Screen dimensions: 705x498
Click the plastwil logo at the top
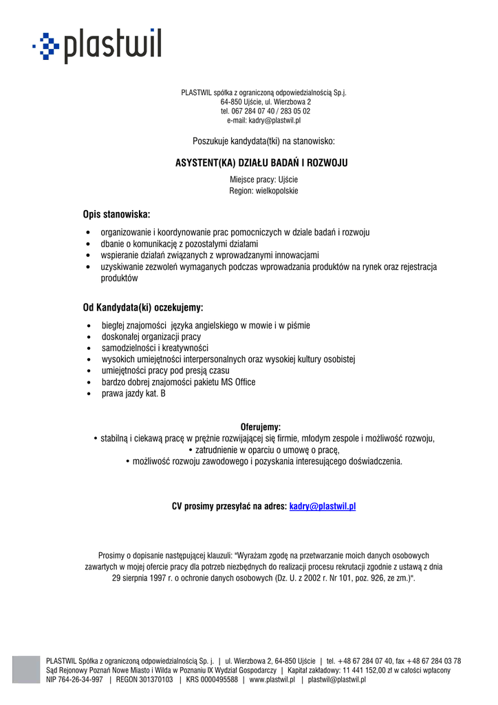click(97, 46)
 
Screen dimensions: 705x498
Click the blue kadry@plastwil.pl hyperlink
click(323, 506)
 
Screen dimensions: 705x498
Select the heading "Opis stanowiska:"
click(116, 214)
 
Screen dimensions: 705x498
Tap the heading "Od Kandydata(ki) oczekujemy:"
click(143, 307)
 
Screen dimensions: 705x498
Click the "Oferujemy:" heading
click(260, 427)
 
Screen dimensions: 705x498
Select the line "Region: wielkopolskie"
click(264, 191)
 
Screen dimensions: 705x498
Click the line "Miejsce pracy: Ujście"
click(264, 180)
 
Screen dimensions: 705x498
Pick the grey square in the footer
click(26, 669)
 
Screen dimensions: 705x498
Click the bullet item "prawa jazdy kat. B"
click(133, 394)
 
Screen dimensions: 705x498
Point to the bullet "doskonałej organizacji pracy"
click(151, 337)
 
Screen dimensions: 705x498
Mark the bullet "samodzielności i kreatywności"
click(155, 348)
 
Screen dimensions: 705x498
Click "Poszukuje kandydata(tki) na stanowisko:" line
click(264, 141)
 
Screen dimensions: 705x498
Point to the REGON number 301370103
click(153, 680)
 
